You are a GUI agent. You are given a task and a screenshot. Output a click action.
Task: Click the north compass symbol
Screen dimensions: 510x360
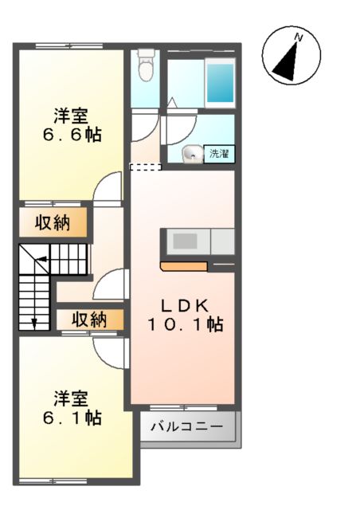[x=291, y=55]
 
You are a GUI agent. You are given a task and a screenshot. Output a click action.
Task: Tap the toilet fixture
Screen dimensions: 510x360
[x=146, y=66]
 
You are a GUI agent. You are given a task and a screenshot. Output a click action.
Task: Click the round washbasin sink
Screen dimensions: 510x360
[x=192, y=155]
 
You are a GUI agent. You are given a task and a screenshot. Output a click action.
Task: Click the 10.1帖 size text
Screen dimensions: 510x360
[x=184, y=324]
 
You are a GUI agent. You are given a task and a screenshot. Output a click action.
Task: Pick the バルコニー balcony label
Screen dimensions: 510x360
[x=188, y=428]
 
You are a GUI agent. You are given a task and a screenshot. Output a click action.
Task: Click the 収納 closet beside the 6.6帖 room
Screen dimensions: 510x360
[x=53, y=223]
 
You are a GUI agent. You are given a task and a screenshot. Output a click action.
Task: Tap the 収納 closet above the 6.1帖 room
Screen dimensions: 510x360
[x=89, y=320]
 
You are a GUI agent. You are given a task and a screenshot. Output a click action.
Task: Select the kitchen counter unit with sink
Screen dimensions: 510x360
[x=198, y=241]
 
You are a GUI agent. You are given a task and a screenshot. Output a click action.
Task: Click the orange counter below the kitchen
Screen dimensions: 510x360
[x=183, y=266]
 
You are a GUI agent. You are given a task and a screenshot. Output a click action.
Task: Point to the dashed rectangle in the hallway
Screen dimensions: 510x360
[x=145, y=167]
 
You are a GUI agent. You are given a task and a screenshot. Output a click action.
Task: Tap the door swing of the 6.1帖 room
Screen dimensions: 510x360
[x=108, y=351]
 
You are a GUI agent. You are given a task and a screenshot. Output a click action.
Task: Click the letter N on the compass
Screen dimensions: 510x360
[x=299, y=37]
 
